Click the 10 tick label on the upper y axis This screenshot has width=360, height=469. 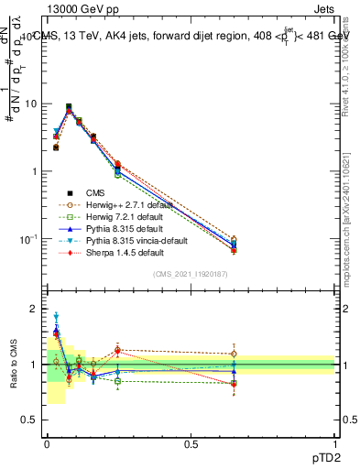pyautogui.click(x=32, y=104)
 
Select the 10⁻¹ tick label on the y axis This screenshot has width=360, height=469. pyautogui.click(x=29, y=238)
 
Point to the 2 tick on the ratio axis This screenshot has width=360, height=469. pyautogui.click(x=37, y=309)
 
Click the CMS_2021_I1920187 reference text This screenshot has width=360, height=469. pyautogui.click(x=191, y=274)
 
